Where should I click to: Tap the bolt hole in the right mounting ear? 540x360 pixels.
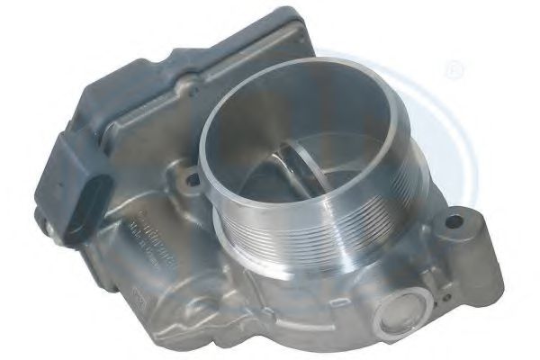456,219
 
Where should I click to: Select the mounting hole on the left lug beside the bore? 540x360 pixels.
192,179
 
